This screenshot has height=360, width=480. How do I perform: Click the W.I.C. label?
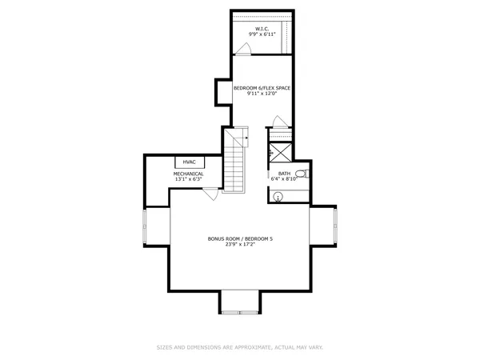click(262, 29)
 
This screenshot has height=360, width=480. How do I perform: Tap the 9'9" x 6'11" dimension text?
click(262, 35)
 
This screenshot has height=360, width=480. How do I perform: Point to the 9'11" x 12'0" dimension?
click(262, 93)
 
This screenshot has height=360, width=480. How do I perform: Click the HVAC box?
click(189, 162)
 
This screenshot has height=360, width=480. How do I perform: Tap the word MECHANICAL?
click(189, 174)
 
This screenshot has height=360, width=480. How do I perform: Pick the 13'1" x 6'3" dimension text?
click(189, 179)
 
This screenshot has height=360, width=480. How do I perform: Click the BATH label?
click(284, 174)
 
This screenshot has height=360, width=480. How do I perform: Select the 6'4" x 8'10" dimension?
click(284, 179)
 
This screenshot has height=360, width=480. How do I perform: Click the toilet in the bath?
click(301, 174)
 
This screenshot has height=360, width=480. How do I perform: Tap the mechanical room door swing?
click(210, 192)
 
